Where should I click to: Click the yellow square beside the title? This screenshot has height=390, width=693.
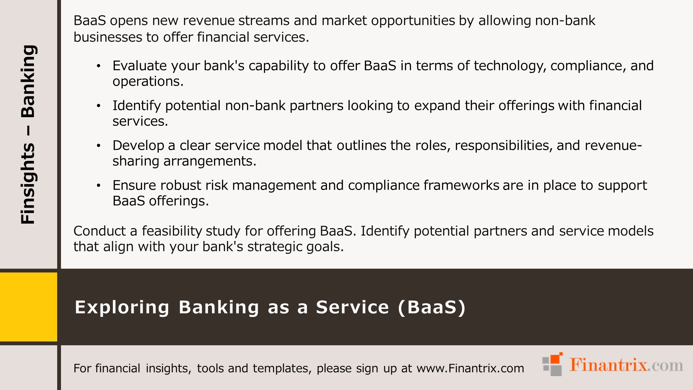click(28, 307)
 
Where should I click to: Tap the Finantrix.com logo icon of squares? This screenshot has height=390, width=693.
click(553, 364)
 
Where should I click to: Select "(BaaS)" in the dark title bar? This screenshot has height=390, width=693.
click(431, 307)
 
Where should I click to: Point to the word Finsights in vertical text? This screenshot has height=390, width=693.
click(28, 184)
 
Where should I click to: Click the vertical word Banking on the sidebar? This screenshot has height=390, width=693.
click(28, 81)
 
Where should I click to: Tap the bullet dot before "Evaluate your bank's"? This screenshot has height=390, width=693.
click(99, 66)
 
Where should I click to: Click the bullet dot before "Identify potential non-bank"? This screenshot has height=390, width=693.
click(99, 106)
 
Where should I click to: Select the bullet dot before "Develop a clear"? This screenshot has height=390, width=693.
click(99, 146)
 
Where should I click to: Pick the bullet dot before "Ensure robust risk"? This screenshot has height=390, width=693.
click(99, 185)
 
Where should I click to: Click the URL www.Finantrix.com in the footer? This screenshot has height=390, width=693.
click(470, 368)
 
